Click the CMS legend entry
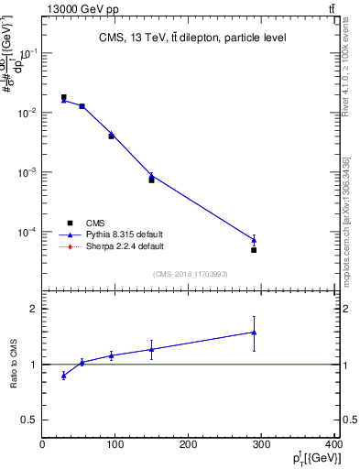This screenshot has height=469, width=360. click(x=96, y=223)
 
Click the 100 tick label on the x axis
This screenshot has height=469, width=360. click(x=115, y=444)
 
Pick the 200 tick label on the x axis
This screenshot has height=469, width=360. click(x=189, y=444)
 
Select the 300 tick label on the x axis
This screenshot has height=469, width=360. click(x=262, y=444)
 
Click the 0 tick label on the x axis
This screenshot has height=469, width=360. click(x=42, y=444)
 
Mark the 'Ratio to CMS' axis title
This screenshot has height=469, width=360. click(x=14, y=365)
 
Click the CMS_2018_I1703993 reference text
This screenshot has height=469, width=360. click(x=190, y=274)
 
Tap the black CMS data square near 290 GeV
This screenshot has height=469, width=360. click(x=254, y=249)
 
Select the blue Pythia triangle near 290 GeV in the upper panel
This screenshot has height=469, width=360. click(x=254, y=240)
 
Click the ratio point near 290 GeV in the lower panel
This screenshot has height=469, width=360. click(x=254, y=333)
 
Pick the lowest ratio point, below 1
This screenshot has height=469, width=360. click(x=63, y=376)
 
